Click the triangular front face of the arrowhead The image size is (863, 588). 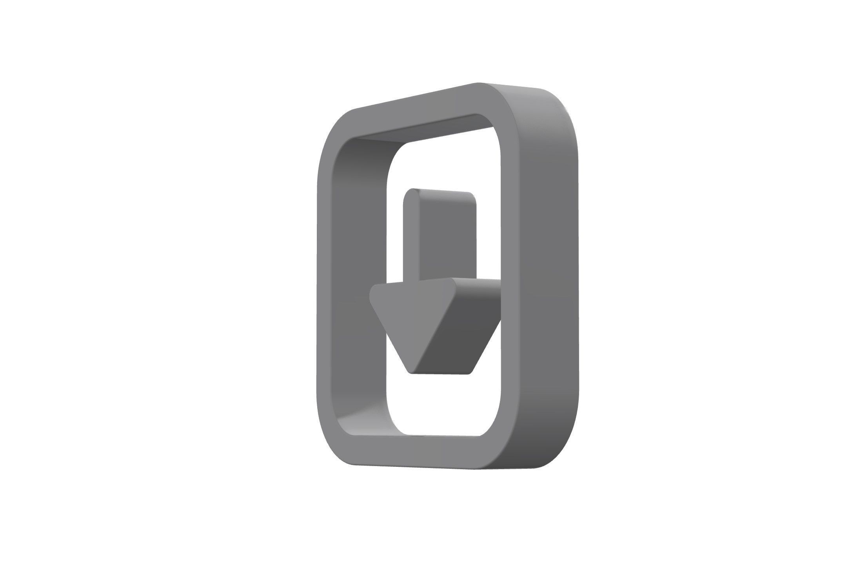point(408,318)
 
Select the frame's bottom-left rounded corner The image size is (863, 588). point(333,451)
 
